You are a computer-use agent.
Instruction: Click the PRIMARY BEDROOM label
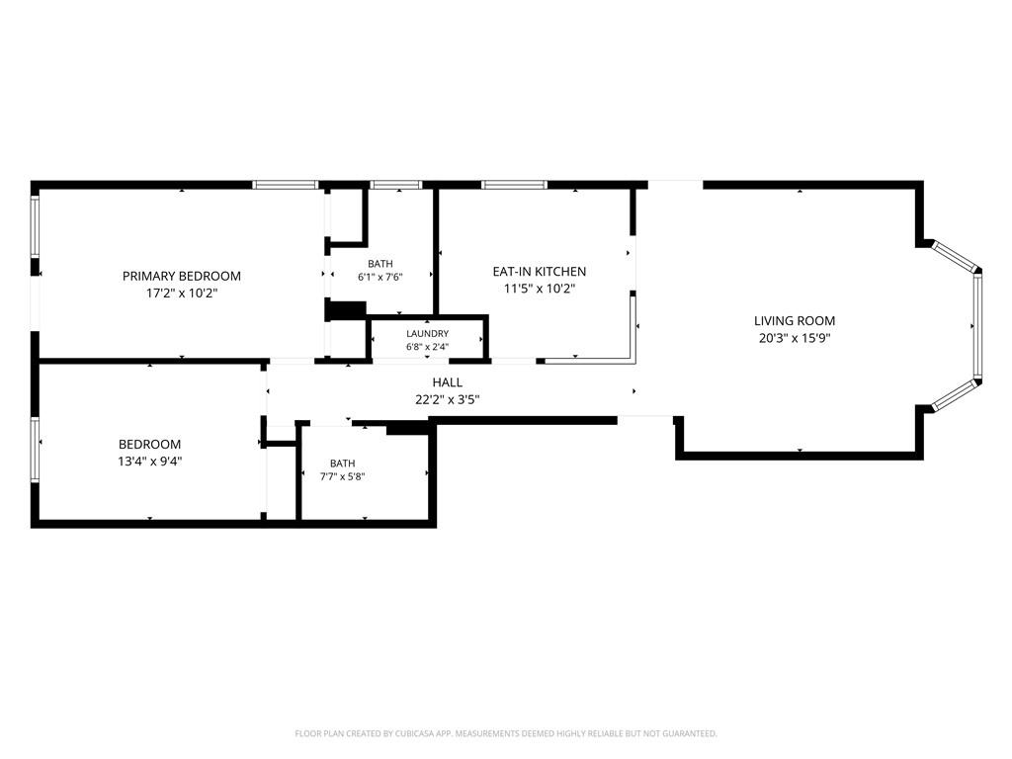pyautogui.click(x=182, y=277)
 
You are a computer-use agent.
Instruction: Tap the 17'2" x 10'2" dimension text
pyautogui.click(x=182, y=293)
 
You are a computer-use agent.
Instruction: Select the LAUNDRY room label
pyautogui.click(x=427, y=334)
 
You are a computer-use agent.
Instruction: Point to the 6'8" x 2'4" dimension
pyautogui.click(x=427, y=347)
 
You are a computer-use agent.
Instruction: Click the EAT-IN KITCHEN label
pyautogui.click(x=539, y=272)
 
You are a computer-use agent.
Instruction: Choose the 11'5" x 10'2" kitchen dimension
pyautogui.click(x=539, y=289)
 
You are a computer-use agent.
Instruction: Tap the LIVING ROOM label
pyautogui.click(x=795, y=321)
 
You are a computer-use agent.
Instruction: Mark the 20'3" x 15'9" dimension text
pyautogui.click(x=795, y=338)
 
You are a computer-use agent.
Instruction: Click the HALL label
pyautogui.click(x=448, y=382)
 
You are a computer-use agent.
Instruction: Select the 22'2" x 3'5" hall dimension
pyautogui.click(x=448, y=399)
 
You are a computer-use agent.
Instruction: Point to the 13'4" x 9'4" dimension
pyautogui.click(x=150, y=461)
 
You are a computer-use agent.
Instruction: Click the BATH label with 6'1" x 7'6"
pyautogui.click(x=380, y=264)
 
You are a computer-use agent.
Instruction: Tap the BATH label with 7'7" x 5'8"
pyautogui.click(x=342, y=464)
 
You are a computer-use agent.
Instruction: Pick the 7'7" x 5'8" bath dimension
pyautogui.click(x=342, y=477)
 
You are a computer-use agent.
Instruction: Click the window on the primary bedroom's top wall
pyautogui.click(x=285, y=185)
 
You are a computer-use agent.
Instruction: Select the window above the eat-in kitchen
pyautogui.click(x=514, y=185)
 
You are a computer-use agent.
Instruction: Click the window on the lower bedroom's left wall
pyautogui.click(x=35, y=450)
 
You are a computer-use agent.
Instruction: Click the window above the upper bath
pyautogui.click(x=397, y=185)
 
